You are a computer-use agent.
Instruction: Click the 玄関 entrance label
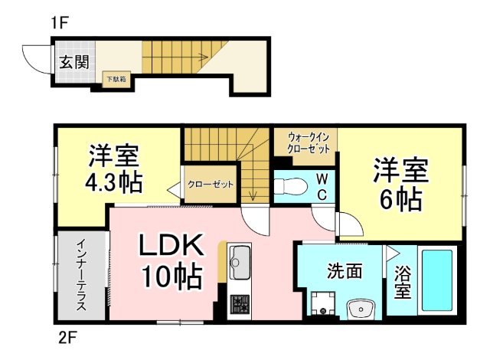(74, 61)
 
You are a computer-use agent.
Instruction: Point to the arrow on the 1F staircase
(201, 56)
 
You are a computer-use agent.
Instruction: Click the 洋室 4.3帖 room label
(113, 169)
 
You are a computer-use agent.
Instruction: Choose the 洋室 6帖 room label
(400, 184)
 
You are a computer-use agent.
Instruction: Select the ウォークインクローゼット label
(308, 142)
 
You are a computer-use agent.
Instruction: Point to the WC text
(322, 187)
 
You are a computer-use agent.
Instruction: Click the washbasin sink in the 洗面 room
(359, 309)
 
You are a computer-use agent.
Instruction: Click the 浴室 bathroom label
(402, 282)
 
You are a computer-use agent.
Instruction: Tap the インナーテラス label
(81, 276)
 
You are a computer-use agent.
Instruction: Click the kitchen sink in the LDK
(239, 260)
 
